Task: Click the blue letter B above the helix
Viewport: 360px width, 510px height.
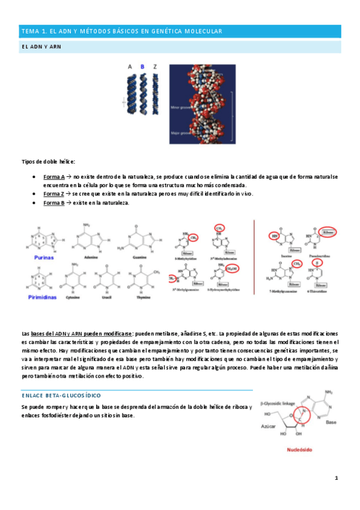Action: pos(142,67)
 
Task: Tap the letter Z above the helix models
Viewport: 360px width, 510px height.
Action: pos(156,67)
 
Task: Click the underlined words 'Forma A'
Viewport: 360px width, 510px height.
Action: pos(54,177)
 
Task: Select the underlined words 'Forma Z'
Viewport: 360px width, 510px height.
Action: pos(54,194)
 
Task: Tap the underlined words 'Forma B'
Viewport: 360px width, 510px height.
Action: pos(54,203)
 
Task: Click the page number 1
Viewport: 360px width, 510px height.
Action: pos(337,478)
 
